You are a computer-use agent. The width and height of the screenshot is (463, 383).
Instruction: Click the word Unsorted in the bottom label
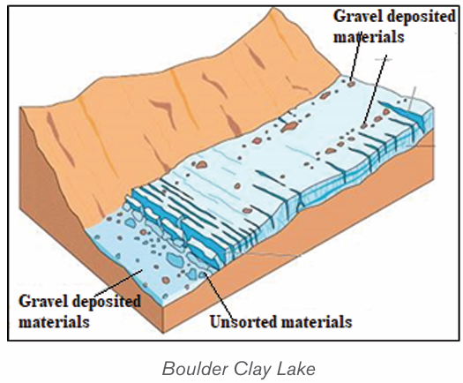[243, 321]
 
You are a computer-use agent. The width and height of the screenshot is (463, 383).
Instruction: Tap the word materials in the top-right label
[369, 37]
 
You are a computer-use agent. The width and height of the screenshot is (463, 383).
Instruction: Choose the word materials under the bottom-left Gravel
[54, 321]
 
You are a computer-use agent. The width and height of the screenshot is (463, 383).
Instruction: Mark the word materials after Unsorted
[317, 321]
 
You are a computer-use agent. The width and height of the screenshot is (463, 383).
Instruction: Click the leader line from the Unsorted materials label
[219, 296]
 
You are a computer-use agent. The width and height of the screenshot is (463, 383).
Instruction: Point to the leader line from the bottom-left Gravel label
[117, 283]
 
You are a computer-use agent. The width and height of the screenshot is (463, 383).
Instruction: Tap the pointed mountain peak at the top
[273, 10]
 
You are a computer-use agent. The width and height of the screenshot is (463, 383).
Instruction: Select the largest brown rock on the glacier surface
[288, 127]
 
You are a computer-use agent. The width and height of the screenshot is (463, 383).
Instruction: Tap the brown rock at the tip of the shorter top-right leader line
[351, 85]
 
